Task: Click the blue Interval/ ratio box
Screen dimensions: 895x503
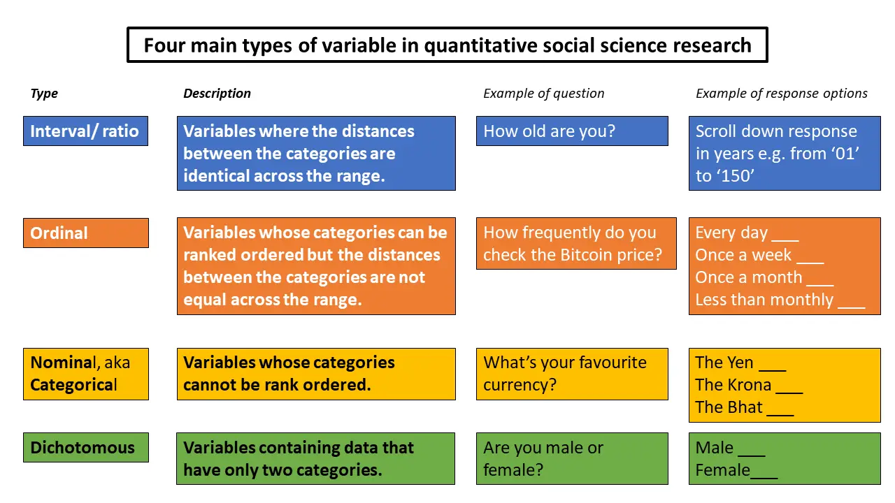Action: click(x=85, y=131)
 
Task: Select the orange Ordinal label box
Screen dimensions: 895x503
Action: click(x=86, y=233)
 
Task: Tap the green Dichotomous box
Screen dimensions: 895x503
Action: click(x=86, y=448)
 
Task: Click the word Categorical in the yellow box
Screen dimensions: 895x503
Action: click(x=73, y=385)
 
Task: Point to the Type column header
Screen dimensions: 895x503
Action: click(x=44, y=94)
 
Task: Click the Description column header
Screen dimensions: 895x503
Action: click(x=217, y=94)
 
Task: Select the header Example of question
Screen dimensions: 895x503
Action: click(x=544, y=94)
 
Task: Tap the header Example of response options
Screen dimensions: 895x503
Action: click(x=782, y=94)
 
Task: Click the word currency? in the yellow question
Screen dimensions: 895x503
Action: click(x=520, y=385)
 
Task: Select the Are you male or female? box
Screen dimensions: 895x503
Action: click(x=572, y=459)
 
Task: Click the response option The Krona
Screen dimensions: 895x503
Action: click(x=733, y=385)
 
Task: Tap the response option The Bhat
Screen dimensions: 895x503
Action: click(x=729, y=407)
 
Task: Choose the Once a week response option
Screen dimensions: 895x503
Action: click(x=743, y=255)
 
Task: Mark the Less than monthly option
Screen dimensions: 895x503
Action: click(x=764, y=300)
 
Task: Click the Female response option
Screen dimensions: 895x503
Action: click(x=723, y=470)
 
